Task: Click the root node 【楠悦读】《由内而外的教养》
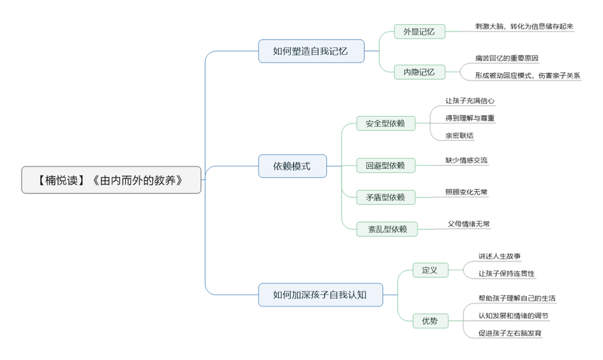(112, 180)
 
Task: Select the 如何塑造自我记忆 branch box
(311, 51)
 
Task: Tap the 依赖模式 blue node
(292, 166)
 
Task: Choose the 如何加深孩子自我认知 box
(320, 294)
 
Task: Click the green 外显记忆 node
(419, 32)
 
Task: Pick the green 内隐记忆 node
(419, 72)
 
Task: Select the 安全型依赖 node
(385, 123)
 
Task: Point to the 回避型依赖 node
(385, 165)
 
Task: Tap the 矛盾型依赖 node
(385, 197)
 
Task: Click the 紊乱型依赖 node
(385, 229)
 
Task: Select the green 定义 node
(430, 270)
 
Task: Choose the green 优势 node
(430, 321)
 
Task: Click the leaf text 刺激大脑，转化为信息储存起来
(525, 26)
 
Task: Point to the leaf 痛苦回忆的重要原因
(507, 58)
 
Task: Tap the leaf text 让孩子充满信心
(470, 100)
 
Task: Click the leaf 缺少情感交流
(467, 160)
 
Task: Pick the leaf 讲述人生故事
(499, 256)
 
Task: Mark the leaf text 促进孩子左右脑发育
(510, 332)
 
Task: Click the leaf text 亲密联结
(460, 136)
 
